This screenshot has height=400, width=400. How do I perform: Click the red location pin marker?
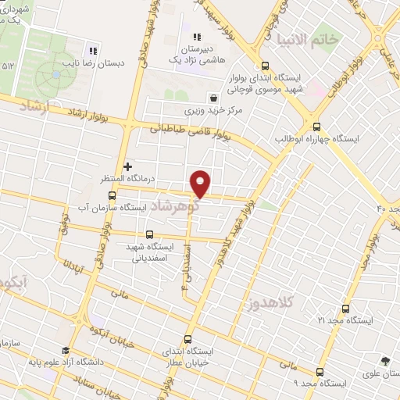(201, 183)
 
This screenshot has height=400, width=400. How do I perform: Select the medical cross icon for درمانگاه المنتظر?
(128, 166)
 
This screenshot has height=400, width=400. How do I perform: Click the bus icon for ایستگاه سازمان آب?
(112, 195)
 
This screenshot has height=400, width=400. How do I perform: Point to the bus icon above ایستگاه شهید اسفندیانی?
(149, 234)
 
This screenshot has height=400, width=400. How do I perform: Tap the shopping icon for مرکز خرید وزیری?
(212, 98)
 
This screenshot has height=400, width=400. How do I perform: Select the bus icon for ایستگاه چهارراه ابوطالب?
(316, 126)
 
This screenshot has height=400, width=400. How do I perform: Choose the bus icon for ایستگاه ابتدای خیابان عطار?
(187, 340)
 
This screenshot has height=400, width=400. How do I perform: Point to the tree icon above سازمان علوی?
(385, 360)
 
